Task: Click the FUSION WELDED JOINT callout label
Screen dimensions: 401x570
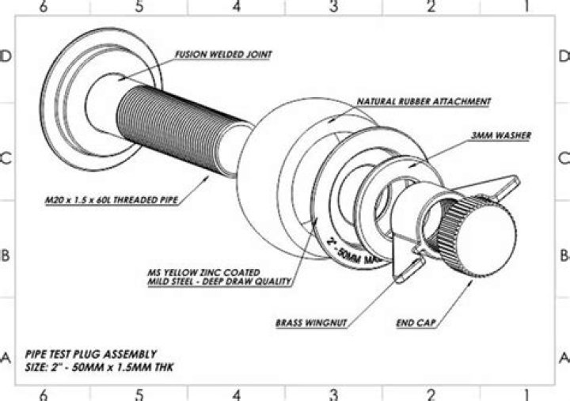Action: [x=223, y=55]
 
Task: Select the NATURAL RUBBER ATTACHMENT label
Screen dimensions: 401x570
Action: [x=424, y=102]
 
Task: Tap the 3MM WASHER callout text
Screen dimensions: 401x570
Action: [x=500, y=136]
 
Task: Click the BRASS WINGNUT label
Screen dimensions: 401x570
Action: [x=311, y=323]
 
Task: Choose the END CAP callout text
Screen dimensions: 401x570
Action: [x=417, y=323]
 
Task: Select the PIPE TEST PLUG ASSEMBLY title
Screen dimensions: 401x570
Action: [x=91, y=354]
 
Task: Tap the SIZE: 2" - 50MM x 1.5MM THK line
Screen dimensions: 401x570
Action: [x=100, y=368]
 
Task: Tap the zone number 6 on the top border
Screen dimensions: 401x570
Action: [x=43, y=7]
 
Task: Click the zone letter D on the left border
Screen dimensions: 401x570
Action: [x=5, y=56]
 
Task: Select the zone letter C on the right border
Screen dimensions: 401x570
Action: [x=563, y=157]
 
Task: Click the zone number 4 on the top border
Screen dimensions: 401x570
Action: [x=237, y=7]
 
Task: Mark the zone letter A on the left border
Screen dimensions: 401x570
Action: [x=5, y=357]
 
